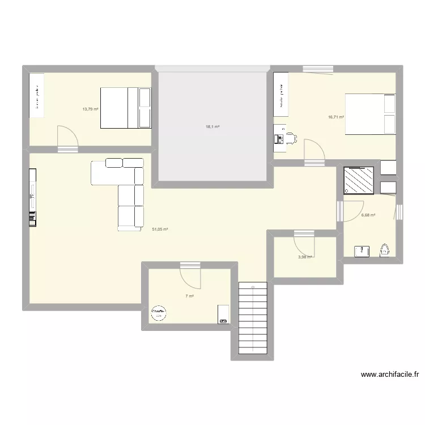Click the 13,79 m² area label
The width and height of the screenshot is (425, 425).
90,109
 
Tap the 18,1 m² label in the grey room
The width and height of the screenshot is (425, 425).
212,127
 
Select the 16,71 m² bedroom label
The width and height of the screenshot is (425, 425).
336,117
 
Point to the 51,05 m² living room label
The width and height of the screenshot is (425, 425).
160,229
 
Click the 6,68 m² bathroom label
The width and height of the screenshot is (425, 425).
368,215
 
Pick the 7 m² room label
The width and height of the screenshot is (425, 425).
189,296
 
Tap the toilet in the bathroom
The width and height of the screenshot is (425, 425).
385,249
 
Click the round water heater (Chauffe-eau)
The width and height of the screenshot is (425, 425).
158,313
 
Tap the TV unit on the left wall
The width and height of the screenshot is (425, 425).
32,195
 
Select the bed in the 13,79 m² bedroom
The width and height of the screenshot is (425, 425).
126,108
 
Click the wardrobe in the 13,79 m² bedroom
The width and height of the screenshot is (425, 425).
37,95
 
